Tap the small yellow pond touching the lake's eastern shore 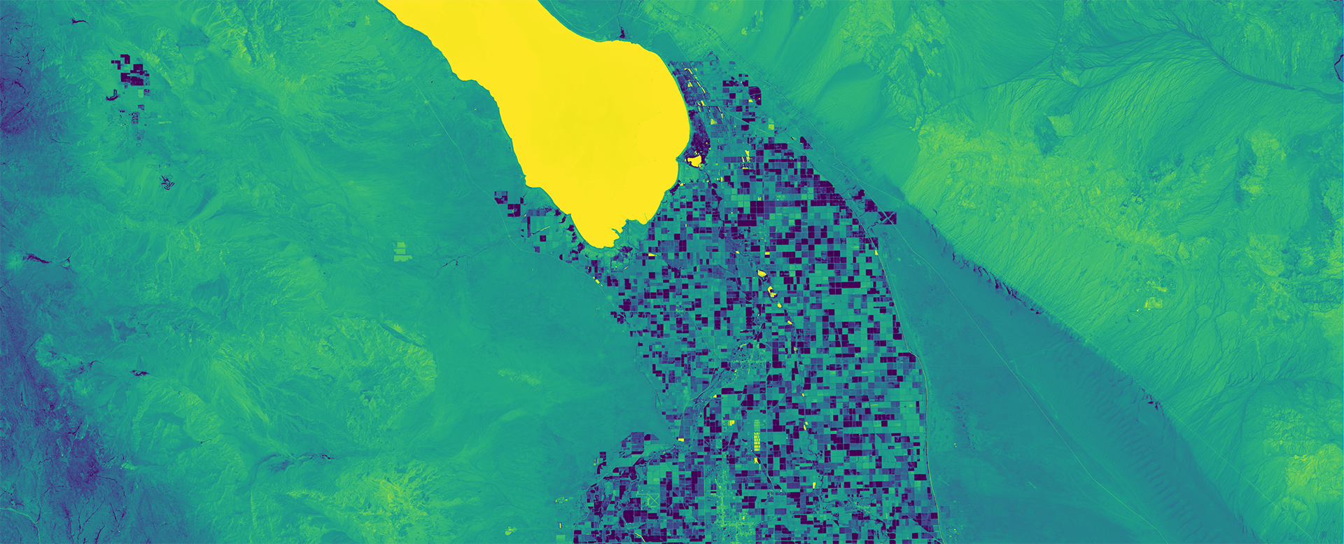694,161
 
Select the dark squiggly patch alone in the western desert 167,183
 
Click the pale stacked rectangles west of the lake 400,251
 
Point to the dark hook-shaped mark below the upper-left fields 112,95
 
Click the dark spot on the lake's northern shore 621,32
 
